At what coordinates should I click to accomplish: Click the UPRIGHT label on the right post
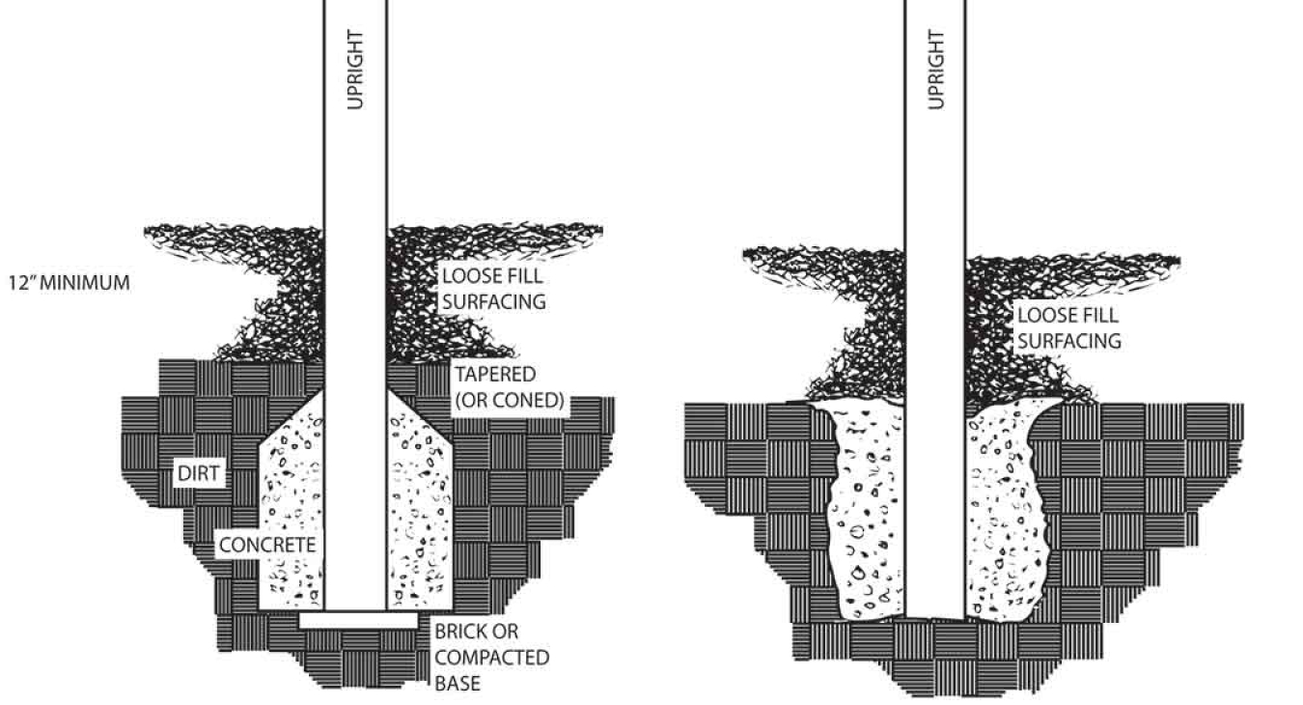tap(934, 69)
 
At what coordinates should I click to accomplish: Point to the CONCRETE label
tap(266, 544)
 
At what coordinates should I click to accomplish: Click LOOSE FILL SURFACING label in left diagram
tap(493, 289)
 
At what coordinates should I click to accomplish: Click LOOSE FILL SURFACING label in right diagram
tap(1067, 328)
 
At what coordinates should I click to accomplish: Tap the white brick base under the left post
tap(357, 620)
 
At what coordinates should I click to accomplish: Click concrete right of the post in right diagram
tap(1004, 512)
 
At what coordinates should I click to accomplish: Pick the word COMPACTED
tap(490, 658)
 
